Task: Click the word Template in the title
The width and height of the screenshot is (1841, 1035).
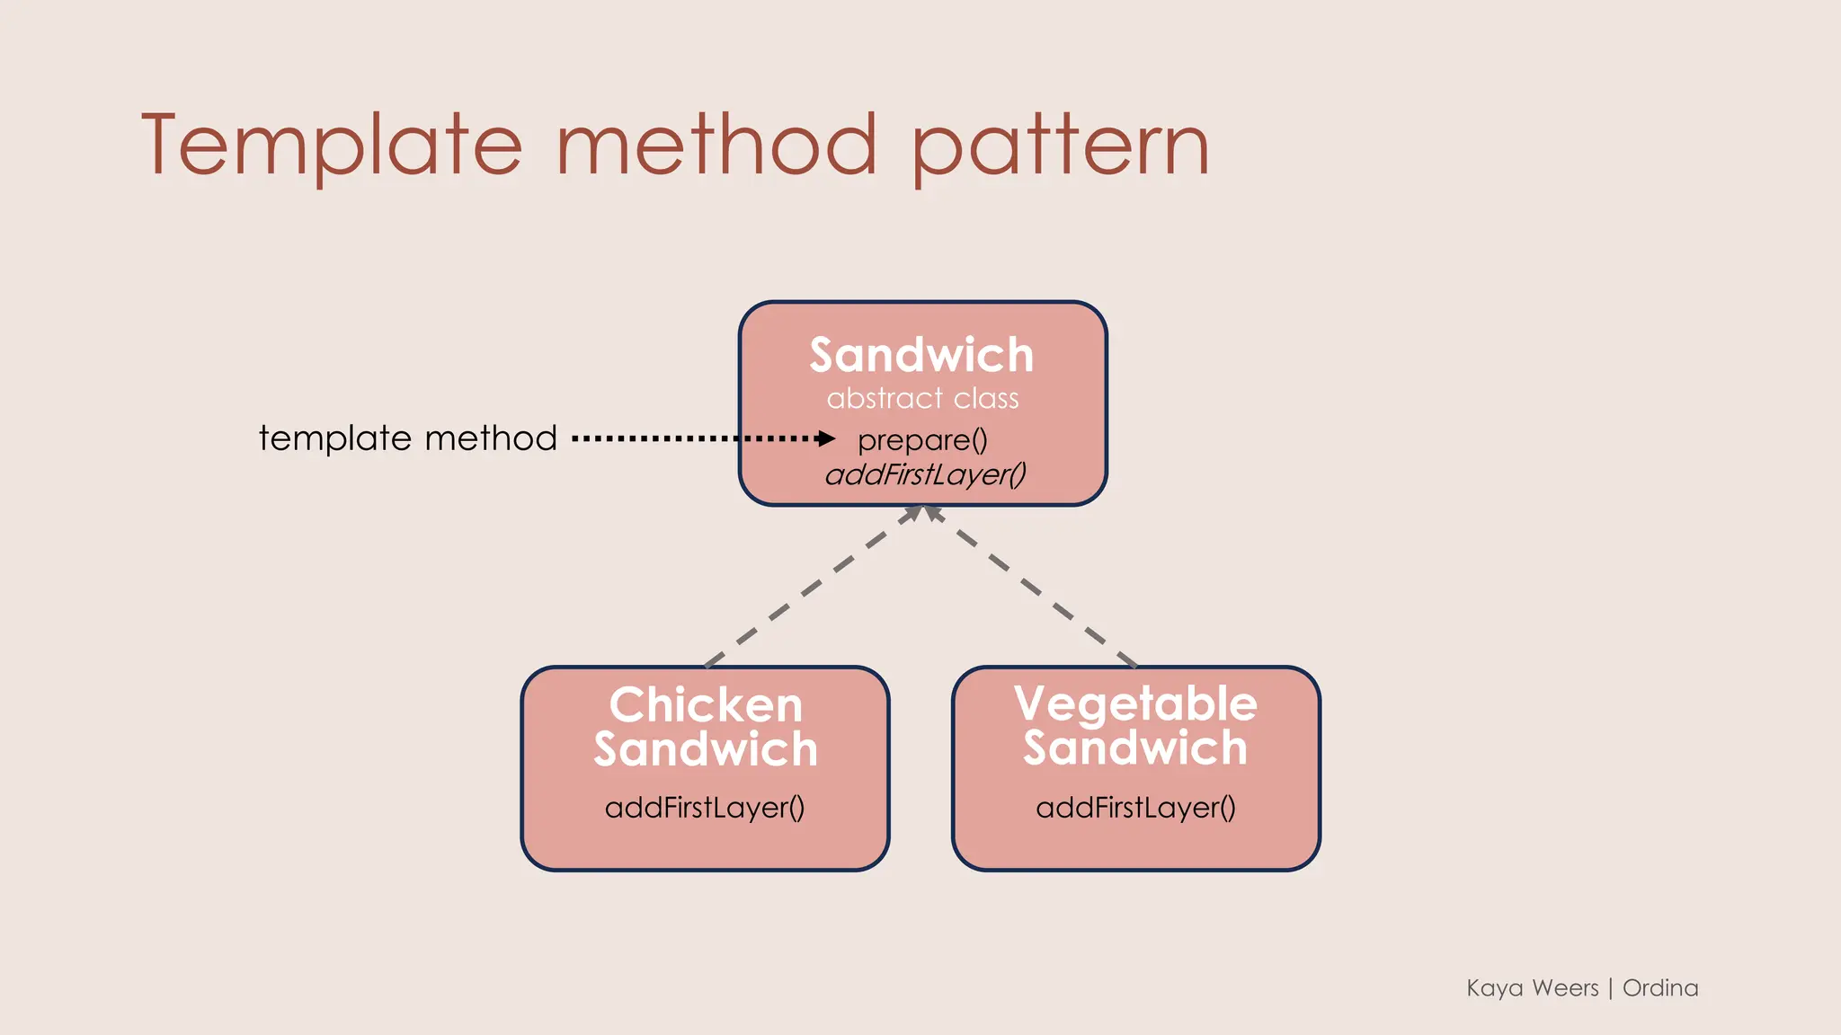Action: click(x=331, y=146)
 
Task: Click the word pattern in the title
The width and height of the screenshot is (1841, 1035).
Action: click(x=1061, y=146)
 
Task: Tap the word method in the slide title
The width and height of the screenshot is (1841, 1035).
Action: click(x=716, y=146)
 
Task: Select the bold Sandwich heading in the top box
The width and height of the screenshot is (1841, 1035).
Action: click(x=921, y=355)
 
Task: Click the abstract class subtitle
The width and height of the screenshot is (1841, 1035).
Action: click(x=922, y=398)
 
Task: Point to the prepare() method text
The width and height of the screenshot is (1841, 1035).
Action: click(x=922, y=440)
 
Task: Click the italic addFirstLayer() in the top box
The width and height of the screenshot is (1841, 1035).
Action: click(x=925, y=474)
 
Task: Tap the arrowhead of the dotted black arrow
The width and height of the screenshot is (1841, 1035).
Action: click(x=827, y=438)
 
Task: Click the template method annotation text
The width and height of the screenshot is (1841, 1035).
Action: click(x=408, y=438)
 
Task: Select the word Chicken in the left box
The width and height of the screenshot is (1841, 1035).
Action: click(x=706, y=704)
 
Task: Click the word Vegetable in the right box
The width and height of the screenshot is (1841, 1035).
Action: click(x=1135, y=703)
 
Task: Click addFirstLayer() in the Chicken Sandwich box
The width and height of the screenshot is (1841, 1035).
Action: click(x=705, y=807)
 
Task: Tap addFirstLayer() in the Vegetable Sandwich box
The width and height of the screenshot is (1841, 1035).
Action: click(x=1135, y=807)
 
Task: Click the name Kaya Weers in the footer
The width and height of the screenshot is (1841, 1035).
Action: click(x=1532, y=988)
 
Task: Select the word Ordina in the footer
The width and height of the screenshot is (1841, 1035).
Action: click(x=1660, y=988)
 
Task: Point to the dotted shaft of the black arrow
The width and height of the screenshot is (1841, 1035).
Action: click(x=683, y=438)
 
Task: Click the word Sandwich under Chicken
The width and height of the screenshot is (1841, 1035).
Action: click(x=706, y=749)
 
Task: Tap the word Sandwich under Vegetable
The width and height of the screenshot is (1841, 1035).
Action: click(x=1135, y=748)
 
